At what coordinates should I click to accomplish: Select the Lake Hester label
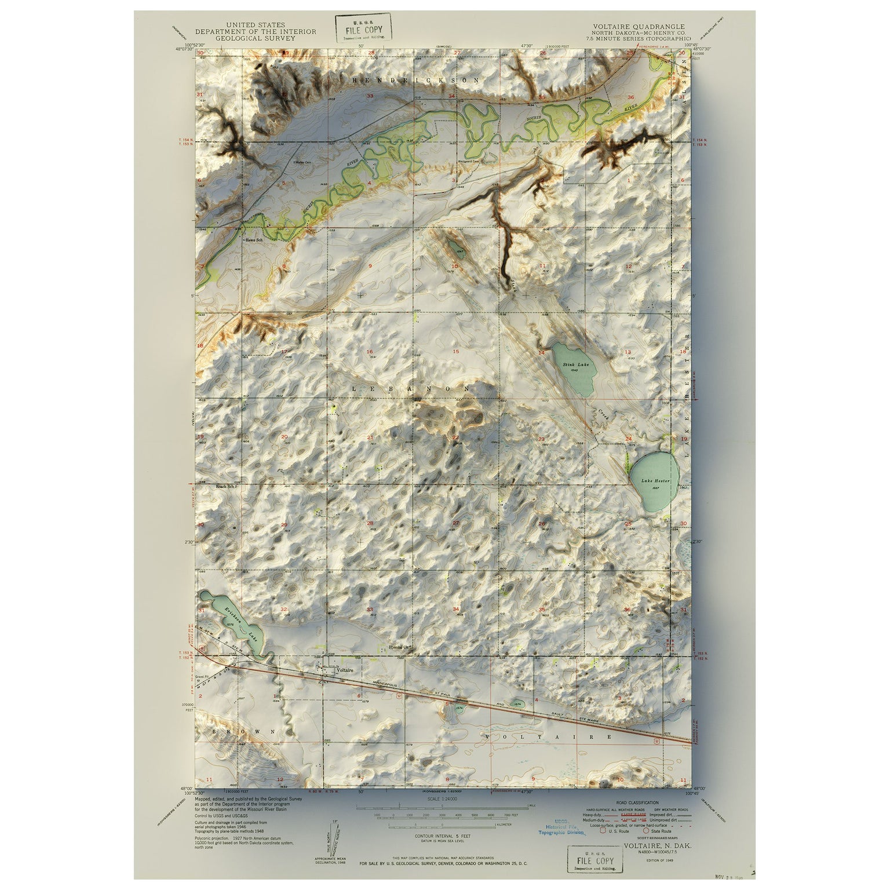pos(655,481)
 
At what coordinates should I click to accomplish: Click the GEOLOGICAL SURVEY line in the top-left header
pos(256,38)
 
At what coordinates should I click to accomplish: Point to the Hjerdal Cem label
pos(398,648)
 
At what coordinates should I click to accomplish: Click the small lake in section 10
pos(458,250)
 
